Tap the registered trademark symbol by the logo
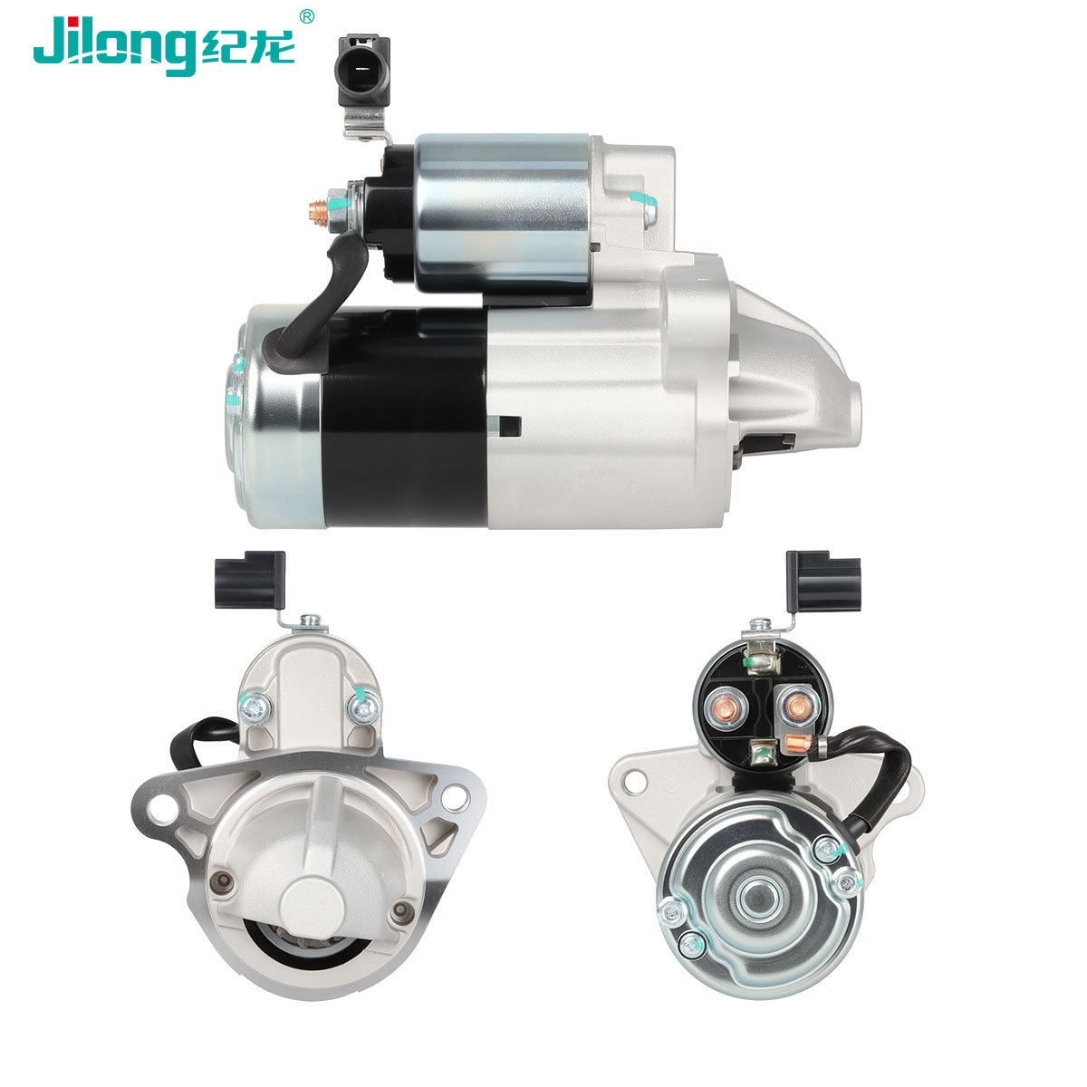[306, 17]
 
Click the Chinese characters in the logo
[247, 48]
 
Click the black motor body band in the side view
[404, 418]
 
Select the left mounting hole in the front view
[161, 808]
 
